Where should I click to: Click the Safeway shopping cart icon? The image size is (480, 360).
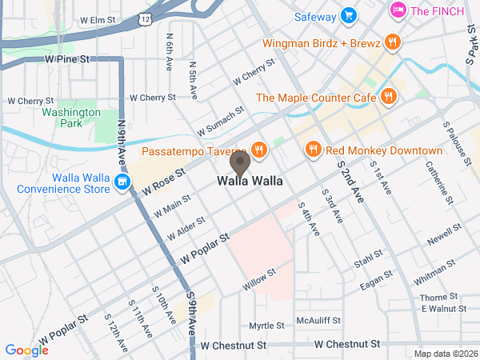click(347, 14)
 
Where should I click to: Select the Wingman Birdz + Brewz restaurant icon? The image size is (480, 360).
click(391, 42)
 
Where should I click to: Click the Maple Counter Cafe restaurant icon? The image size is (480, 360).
click(388, 97)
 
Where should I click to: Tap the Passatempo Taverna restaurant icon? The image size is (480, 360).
click(258, 150)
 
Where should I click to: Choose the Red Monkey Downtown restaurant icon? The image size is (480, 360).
click(313, 150)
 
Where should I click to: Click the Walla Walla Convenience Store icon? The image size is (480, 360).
click(122, 183)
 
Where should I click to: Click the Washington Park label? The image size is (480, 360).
click(70, 118)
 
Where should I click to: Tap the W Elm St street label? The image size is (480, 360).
click(103, 18)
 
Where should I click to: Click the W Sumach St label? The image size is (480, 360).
click(219, 121)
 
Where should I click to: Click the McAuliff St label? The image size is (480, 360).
click(319, 320)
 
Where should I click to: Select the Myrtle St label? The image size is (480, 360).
click(266, 326)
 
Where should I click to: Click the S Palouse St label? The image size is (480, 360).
click(453, 139)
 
